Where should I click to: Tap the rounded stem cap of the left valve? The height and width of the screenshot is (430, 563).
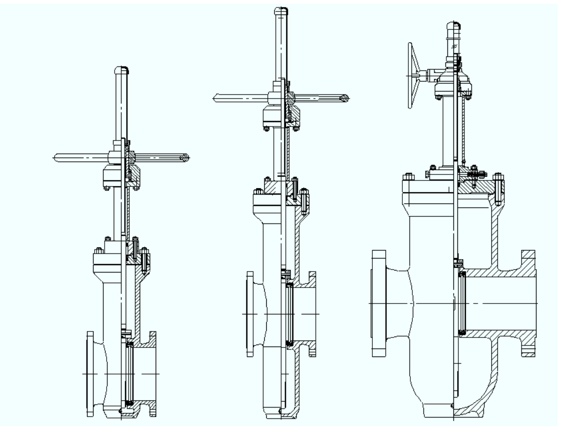point(121,70)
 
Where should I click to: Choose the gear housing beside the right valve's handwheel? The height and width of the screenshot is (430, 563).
point(443,80)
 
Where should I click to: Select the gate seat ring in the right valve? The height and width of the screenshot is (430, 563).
point(462,303)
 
